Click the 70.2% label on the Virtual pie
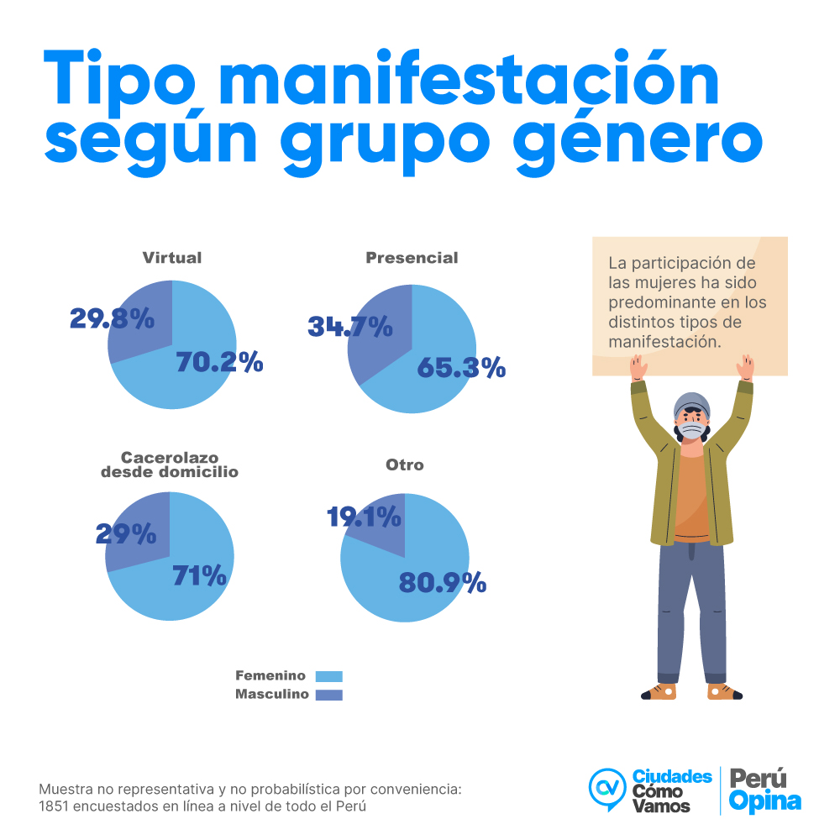pos(219,362)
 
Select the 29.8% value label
pos(112,318)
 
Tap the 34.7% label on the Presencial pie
pos(350,326)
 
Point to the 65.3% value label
pos(461,367)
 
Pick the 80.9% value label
pos(443,582)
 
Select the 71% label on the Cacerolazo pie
pos(200,576)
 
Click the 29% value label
pos(126,534)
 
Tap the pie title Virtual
pos(172,258)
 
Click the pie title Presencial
pos(412,258)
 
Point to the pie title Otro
pos(405,465)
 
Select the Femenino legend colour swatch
pos(329,676)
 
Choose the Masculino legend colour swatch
pos(329,695)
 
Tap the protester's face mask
pos(691,431)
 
